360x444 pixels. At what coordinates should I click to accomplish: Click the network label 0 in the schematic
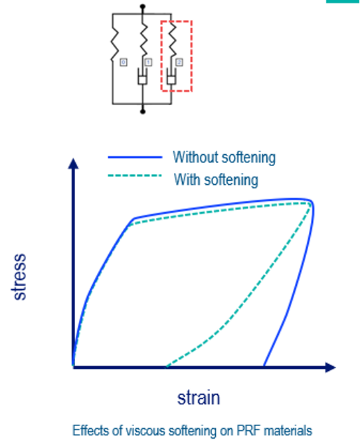click(x=124, y=62)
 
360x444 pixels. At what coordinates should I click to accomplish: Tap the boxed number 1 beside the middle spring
click(x=148, y=62)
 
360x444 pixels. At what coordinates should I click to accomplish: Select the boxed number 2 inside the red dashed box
click(x=179, y=62)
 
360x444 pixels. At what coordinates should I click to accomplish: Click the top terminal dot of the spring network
click(x=143, y=7)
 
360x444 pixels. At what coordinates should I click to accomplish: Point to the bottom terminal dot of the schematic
click(x=143, y=111)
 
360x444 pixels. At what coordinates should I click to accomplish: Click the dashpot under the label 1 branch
click(x=143, y=76)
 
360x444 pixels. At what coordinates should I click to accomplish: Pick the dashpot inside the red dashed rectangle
click(x=171, y=76)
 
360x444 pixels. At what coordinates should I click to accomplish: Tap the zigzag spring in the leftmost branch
click(x=115, y=43)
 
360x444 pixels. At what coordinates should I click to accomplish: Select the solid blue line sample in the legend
click(x=135, y=157)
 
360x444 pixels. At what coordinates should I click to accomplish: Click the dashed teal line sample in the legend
click(x=135, y=175)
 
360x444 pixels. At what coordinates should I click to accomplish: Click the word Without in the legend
click(x=196, y=157)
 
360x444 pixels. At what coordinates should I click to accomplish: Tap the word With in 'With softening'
click(x=187, y=179)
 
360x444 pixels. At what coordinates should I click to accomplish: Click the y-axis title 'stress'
click(x=19, y=277)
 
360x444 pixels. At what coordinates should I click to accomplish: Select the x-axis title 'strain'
click(x=199, y=398)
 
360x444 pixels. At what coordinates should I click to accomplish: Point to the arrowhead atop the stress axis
click(x=73, y=164)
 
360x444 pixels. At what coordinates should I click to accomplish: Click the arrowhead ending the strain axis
click(x=331, y=368)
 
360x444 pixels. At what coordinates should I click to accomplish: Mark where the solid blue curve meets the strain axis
click(x=264, y=366)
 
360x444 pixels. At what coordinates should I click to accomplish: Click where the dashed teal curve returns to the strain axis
click(x=167, y=366)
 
